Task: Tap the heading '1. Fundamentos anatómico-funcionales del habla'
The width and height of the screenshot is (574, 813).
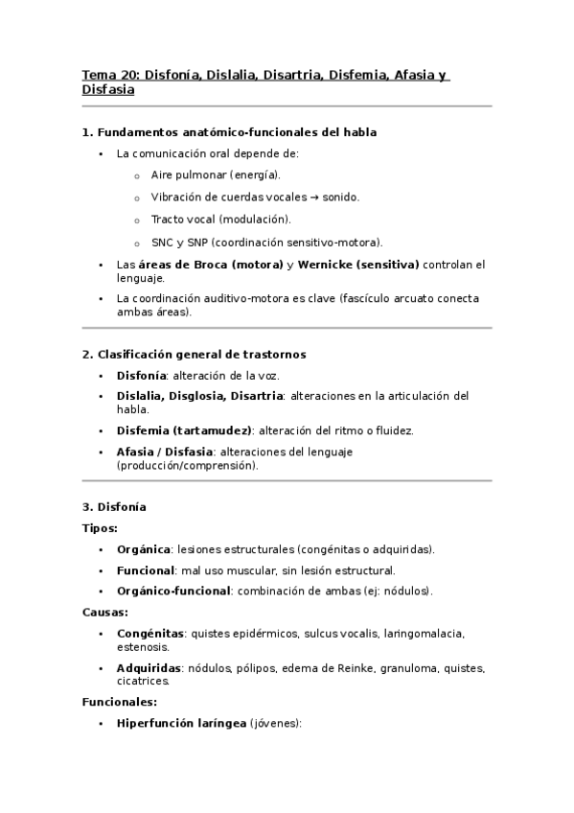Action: point(236,132)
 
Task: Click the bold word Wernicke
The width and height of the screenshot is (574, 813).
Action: point(331,265)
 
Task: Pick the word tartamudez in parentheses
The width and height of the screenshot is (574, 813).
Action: point(218,430)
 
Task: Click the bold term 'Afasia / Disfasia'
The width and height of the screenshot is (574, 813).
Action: point(164,452)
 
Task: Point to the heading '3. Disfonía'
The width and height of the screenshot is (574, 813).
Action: point(114,506)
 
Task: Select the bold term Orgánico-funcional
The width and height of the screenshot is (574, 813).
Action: point(172,591)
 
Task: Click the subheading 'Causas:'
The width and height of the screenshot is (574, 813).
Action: point(105,612)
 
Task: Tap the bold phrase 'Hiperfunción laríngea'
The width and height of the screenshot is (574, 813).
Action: point(181,724)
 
